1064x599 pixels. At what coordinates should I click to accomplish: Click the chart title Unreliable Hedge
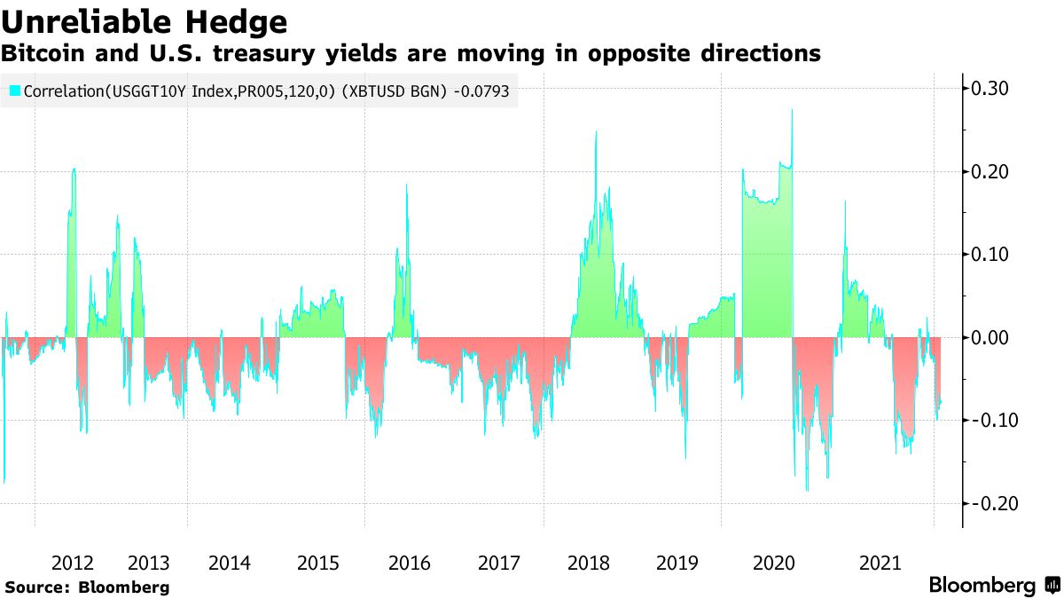click(145, 20)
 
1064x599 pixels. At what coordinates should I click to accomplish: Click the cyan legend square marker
click(15, 91)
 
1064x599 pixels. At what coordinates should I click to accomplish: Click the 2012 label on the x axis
click(73, 563)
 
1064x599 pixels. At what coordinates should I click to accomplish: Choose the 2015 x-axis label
click(317, 563)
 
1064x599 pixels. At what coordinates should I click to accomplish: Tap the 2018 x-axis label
click(588, 563)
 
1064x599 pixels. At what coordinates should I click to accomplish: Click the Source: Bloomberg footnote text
click(87, 587)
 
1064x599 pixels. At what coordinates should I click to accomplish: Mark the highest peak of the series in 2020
click(792, 109)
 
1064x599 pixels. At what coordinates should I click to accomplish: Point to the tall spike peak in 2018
click(596, 131)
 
